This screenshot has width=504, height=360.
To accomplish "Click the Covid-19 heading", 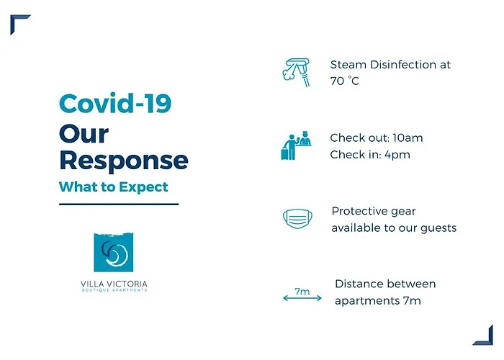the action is point(115,103).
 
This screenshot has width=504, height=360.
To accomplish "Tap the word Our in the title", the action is point(84,134).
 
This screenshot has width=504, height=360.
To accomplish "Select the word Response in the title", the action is point(124,161).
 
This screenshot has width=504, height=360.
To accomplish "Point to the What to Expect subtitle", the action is point(114,186).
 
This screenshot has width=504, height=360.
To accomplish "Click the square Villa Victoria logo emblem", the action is point(114,252).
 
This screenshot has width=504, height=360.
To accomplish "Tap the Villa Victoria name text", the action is point(114,284).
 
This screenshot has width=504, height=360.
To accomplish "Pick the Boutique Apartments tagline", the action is point(114,290).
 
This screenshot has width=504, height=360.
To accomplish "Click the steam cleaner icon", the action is point(297,72).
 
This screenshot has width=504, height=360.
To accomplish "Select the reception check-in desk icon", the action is point(297,145).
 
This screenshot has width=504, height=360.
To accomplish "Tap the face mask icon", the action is point(297,219).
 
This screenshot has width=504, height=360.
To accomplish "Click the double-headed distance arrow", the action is point(302,298).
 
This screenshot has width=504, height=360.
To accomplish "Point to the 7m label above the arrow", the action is point(302,291).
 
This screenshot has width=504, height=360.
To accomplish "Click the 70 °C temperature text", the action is point(345,81).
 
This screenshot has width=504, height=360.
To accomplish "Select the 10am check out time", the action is point(408,138).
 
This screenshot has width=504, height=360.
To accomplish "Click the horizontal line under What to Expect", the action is point(119,204).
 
